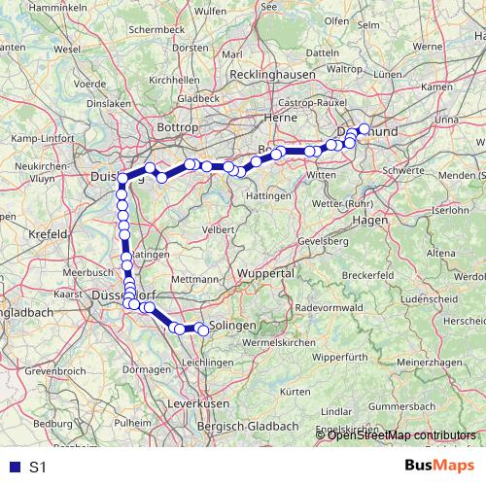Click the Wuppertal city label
tap(264, 275)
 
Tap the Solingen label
tap(233, 325)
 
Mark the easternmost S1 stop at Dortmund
tap(364, 128)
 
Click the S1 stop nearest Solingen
tap(203, 330)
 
